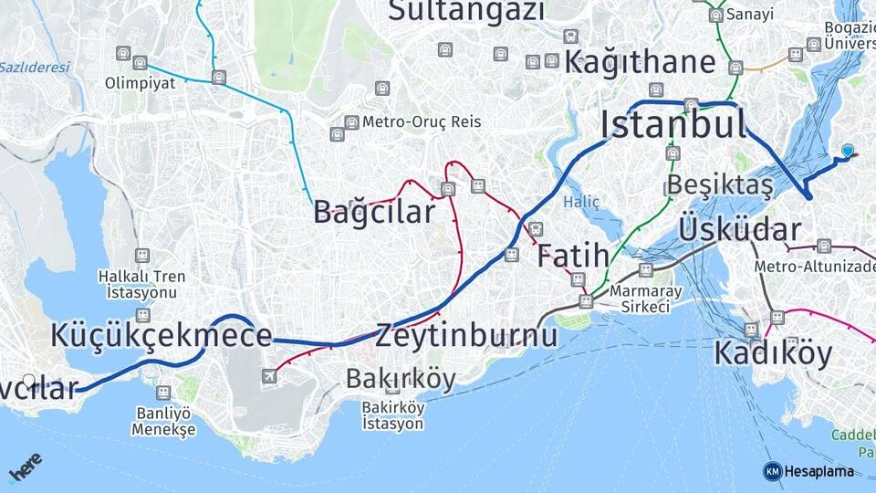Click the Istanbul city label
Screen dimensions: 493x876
673,124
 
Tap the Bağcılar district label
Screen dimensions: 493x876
374,213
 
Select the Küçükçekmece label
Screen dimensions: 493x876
162,336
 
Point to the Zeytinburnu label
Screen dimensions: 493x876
465,336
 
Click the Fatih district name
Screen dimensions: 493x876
572,257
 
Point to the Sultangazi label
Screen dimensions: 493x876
466,12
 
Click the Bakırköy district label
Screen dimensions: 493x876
400,379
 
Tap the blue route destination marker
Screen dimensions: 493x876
848,151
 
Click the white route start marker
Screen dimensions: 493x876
29,381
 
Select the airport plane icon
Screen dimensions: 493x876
270,376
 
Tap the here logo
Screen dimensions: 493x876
26,468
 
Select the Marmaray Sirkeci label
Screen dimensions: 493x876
640,298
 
